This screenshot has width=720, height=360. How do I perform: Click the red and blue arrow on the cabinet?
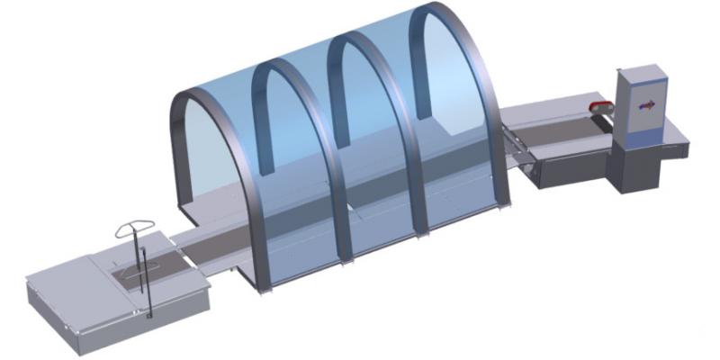click(x=646, y=105)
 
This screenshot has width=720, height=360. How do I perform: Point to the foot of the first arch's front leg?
click(x=262, y=289)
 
